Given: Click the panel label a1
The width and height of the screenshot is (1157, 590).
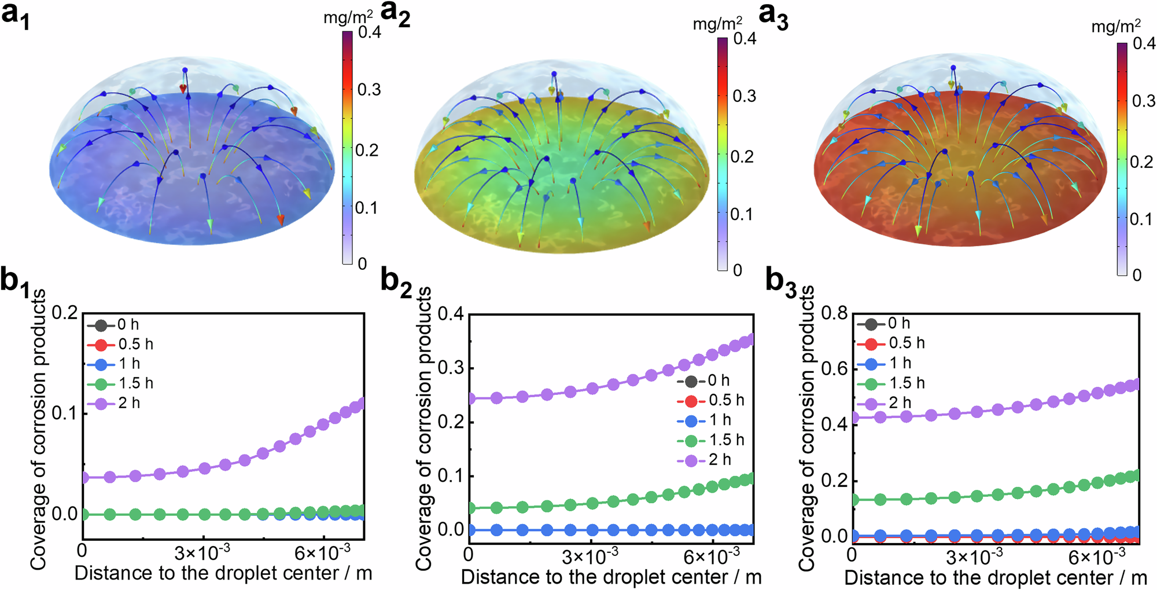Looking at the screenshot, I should pyautogui.click(x=16, y=16).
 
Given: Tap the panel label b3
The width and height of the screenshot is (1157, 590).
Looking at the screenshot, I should pyautogui.click(x=782, y=282).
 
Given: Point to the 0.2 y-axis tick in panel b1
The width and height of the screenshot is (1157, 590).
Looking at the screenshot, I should pyautogui.click(x=64, y=313).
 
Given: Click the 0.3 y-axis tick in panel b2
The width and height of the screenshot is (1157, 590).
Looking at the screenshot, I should pyautogui.click(x=451, y=368).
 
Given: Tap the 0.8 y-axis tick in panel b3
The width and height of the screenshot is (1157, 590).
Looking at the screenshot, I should pyautogui.click(x=835, y=313).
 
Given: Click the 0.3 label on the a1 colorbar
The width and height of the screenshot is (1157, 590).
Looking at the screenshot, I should pyautogui.click(x=369, y=90).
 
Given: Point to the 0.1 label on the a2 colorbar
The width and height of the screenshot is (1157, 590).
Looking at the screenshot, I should pyautogui.click(x=742, y=214).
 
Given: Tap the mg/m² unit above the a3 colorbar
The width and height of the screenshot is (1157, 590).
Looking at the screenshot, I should pyautogui.click(x=1115, y=27).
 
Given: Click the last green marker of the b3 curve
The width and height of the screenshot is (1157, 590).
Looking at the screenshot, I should pyautogui.click(x=1135, y=475).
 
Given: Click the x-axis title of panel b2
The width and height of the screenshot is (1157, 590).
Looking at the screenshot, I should pyautogui.click(x=611, y=577).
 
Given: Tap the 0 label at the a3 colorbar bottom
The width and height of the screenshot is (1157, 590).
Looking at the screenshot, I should pyautogui.click(x=1137, y=275).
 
